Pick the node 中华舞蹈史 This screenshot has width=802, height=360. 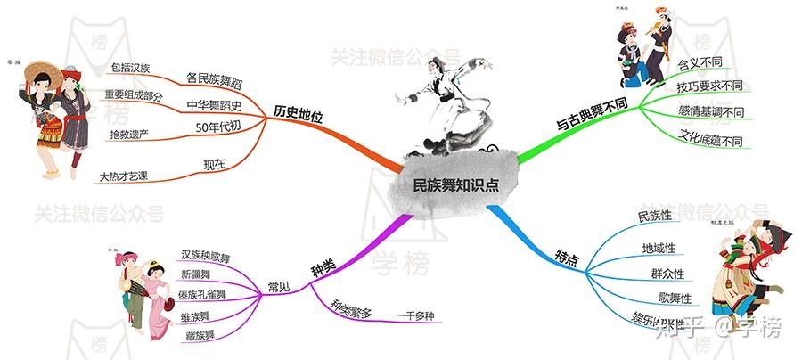[x=214, y=103]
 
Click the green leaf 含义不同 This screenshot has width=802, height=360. [x=700, y=64]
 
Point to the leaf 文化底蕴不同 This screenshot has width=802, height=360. [x=710, y=140]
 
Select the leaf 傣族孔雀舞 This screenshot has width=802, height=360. [x=203, y=294]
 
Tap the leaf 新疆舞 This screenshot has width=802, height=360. [x=197, y=274]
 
